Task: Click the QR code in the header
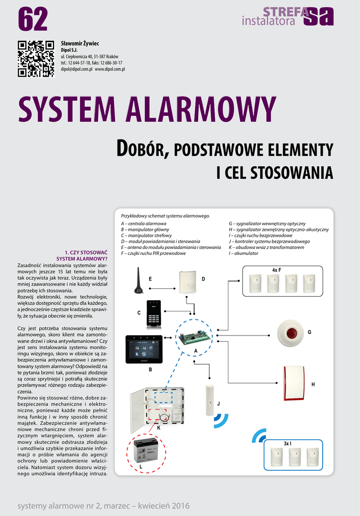(36, 58)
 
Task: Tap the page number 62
(33, 19)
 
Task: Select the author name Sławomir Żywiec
(80, 43)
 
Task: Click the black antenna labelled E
(139, 281)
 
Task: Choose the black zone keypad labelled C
(153, 313)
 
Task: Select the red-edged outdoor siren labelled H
(293, 383)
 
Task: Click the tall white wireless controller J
(210, 400)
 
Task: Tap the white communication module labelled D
(187, 282)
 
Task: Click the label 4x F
(276, 270)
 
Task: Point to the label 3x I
(287, 443)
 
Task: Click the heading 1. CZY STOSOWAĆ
(86, 252)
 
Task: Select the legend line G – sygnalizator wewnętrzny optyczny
(267, 223)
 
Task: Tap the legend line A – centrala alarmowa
(144, 223)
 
